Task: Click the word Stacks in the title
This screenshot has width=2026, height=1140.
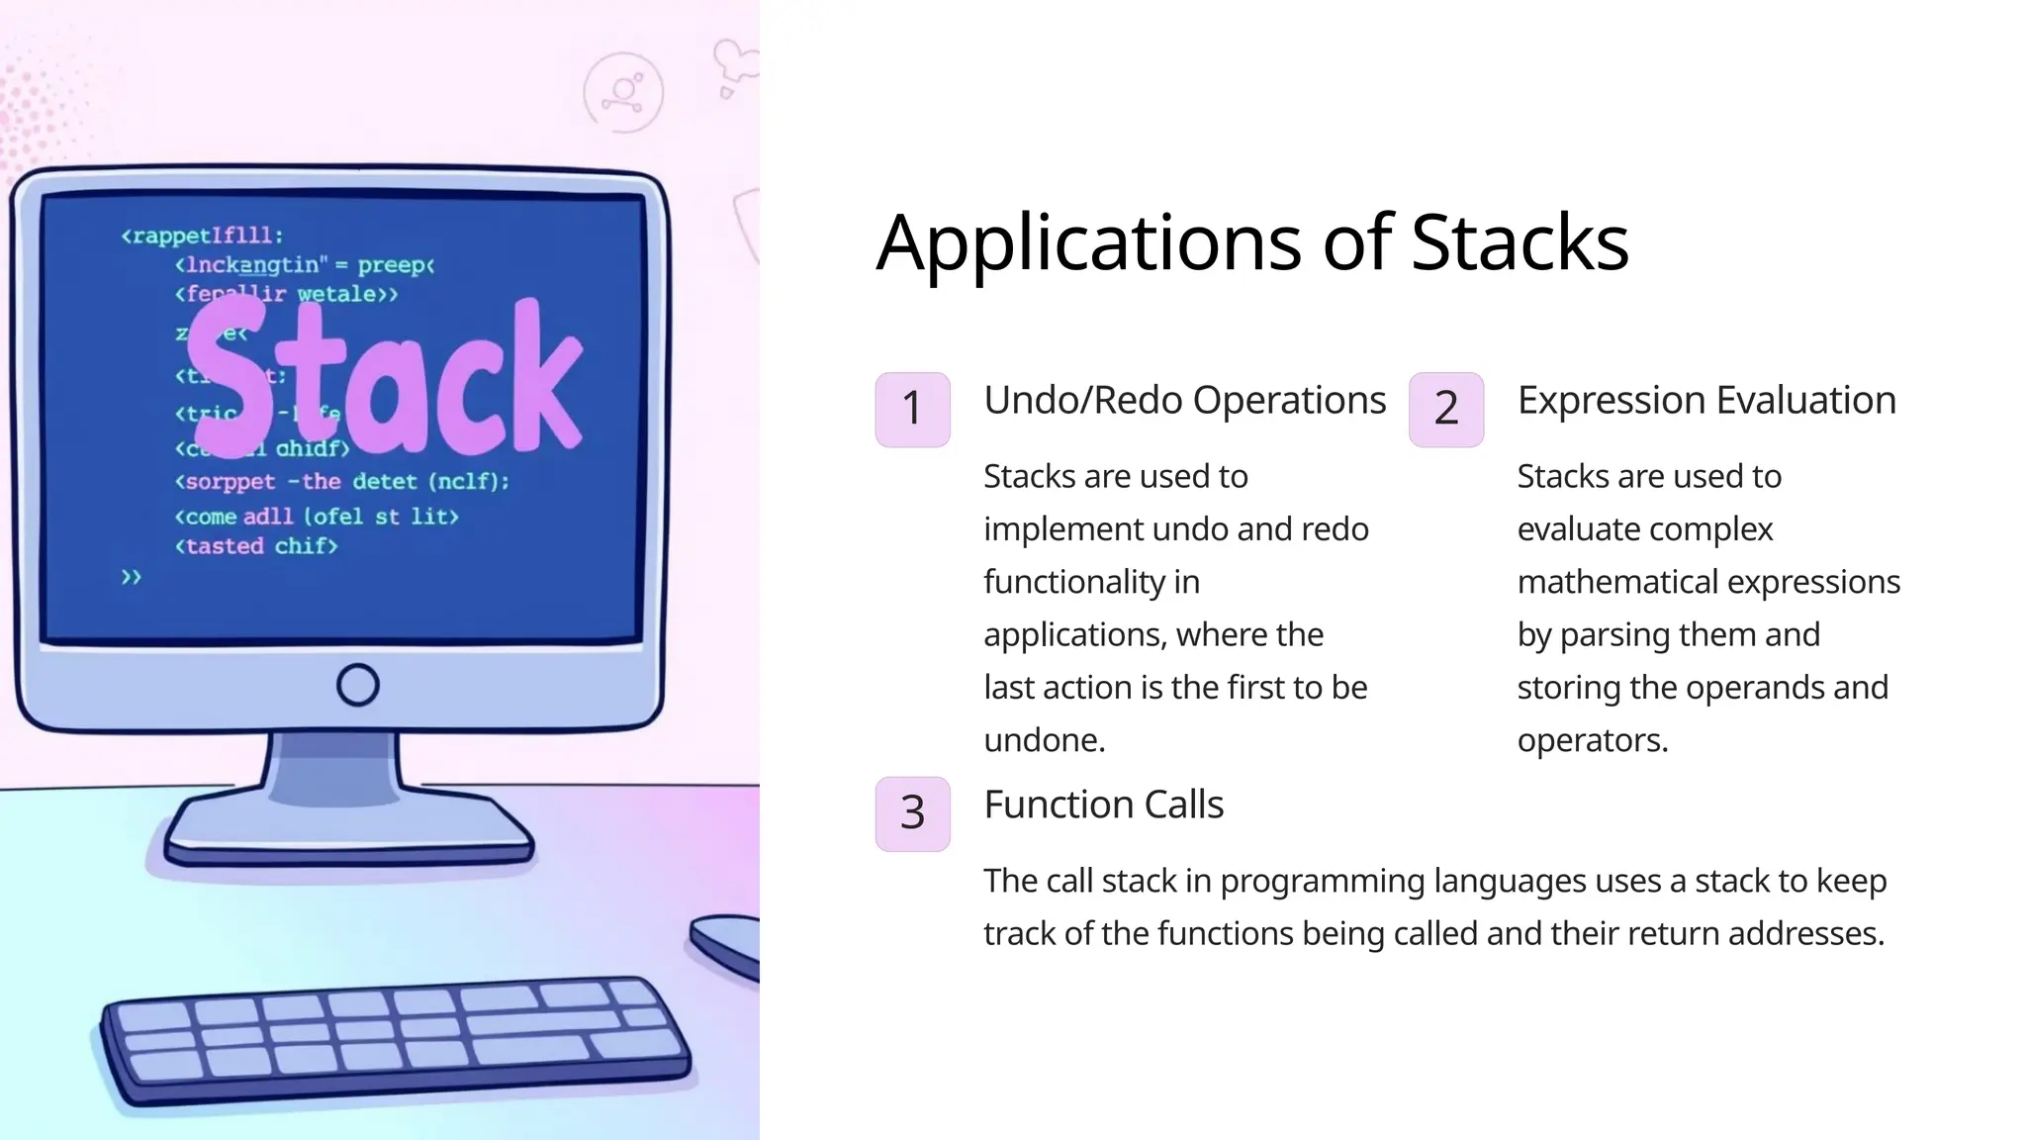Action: coord(1519,243)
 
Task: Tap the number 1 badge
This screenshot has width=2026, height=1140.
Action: coord(912,409)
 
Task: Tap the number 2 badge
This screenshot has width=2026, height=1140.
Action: coord(1446,409)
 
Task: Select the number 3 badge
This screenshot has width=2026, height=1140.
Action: coord(912,813)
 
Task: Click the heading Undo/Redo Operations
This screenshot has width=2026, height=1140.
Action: coord(1184,400)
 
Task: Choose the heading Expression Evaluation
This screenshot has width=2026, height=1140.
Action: coord(1706,400)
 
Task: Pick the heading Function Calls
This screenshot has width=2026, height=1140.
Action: coord(1103,805)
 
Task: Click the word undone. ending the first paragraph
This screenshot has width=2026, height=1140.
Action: coord(1044,740)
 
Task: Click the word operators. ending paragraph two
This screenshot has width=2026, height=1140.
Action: coord(1592,740)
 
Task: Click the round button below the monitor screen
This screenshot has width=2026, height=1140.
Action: coord(357,685)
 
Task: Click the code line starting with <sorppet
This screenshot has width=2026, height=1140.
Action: coord(341,482)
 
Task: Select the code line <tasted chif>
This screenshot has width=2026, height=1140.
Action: coord(256,546)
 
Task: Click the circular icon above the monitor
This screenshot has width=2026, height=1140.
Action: coord(623,93)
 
